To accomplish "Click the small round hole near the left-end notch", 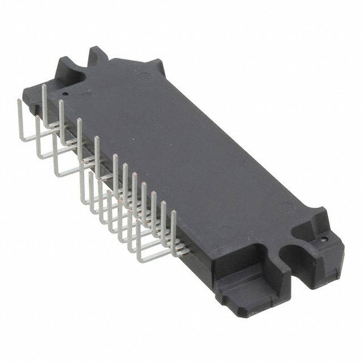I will click(x=65, y=94).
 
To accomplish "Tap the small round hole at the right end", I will click(x=323, y=239).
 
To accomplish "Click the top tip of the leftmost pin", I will click(x=19, y=100).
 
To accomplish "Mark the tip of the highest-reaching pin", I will click(x=44, y=86).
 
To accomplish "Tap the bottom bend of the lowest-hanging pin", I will click(x=140, y=260).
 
